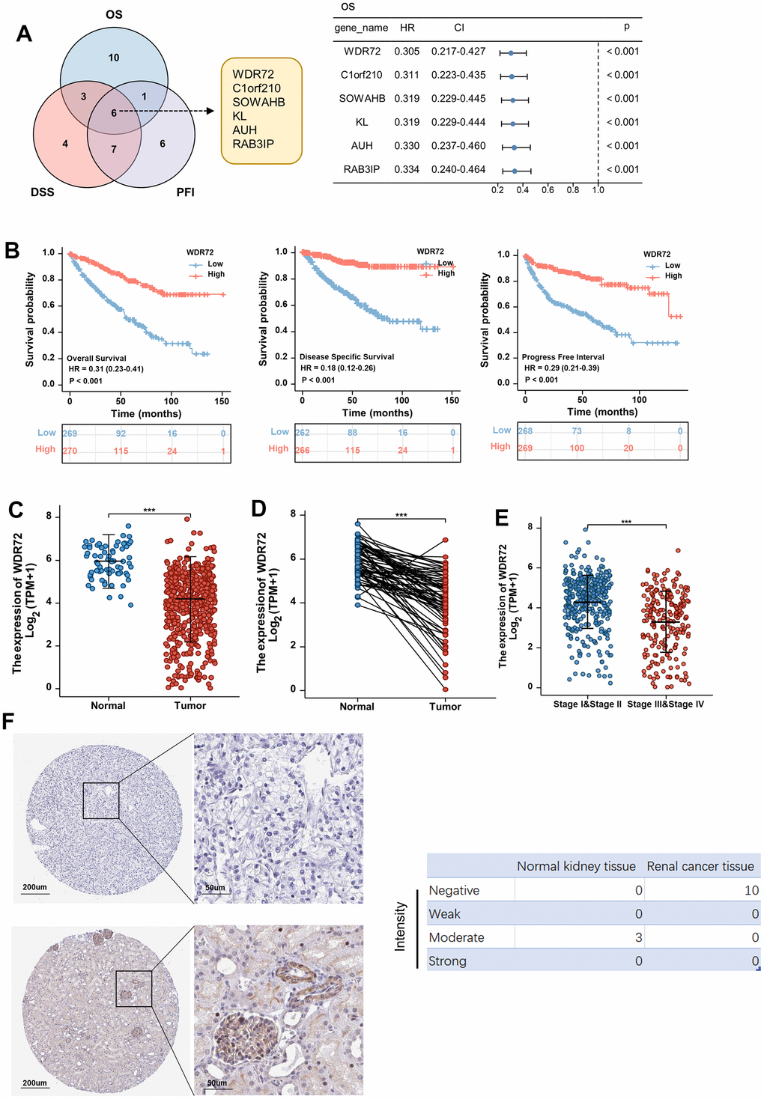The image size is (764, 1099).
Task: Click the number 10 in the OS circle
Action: (x=114, y=58)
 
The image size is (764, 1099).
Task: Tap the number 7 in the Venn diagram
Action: (x=114, y=149)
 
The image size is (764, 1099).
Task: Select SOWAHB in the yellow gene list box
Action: (x=258, y=102)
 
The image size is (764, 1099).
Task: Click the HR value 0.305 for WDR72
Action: (x=407, y=52)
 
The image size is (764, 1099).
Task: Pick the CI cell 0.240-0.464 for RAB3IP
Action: (x=458, y=170)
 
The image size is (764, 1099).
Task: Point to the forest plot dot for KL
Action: (x=513, y=123)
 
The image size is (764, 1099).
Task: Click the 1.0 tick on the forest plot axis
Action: (x=598, y=190)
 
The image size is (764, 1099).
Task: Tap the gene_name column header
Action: (x=361, y=28)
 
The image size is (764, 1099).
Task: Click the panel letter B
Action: (x=12, y=250)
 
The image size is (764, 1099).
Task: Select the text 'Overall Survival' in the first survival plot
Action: (x=97, y=359)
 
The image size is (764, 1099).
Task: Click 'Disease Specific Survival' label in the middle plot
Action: (x=347, y=357)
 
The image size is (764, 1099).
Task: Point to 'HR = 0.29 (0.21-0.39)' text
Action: (x=562, y=368)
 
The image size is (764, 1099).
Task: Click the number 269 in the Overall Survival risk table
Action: (x=70, y=433)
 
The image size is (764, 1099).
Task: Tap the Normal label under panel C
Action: (x=108, y=706)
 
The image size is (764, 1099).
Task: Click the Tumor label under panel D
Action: (x=445, y=707)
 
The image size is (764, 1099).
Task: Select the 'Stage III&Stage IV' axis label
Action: (x=665, y=704)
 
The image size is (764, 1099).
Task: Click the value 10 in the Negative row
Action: (x=751, y=890)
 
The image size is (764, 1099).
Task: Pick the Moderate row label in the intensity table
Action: (x=456, y=937)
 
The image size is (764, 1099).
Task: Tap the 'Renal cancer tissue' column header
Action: (x=700, y=866)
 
